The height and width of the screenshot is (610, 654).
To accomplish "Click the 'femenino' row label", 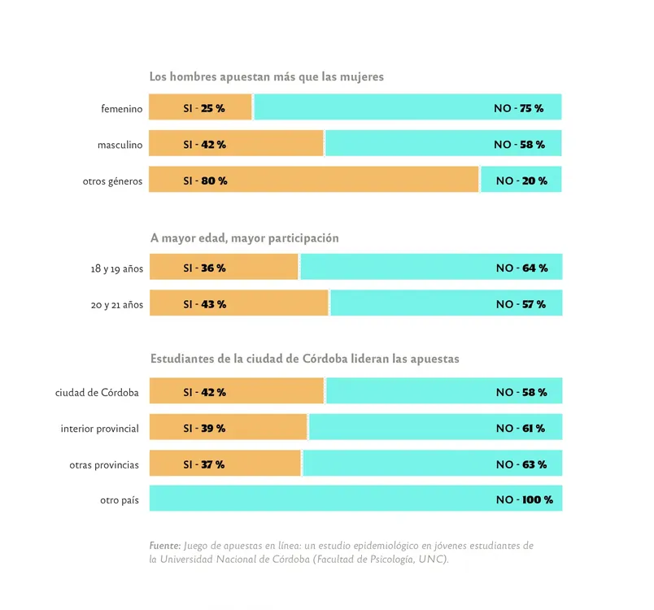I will [121, 108].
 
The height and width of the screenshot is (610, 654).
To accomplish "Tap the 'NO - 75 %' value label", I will [518, 108].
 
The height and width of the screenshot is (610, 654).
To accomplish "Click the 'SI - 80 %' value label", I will [205, 181].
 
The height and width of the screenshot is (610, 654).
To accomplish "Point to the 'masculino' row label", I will [120, 145].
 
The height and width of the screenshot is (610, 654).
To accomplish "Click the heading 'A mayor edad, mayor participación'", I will [244, 238].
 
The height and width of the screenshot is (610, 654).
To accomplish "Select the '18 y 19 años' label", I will [116, 268].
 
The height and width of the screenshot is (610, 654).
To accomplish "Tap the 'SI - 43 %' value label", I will [204, 304].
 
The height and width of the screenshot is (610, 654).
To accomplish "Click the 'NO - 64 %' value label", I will [521, 268].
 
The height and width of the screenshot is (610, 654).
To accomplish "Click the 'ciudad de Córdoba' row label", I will [97, 392].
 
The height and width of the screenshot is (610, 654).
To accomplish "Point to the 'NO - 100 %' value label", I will [524, 499].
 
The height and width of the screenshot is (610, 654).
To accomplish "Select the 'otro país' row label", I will [119, 499].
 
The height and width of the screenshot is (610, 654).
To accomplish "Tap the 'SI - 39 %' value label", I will [204, 428].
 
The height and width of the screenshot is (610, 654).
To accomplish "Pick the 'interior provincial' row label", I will [99, 428].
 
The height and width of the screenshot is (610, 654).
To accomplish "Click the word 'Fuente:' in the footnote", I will [165, 545].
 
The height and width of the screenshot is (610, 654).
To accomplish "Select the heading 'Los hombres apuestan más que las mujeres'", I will [266, 76].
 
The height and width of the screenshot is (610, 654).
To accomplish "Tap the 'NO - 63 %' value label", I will [521, 464].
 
